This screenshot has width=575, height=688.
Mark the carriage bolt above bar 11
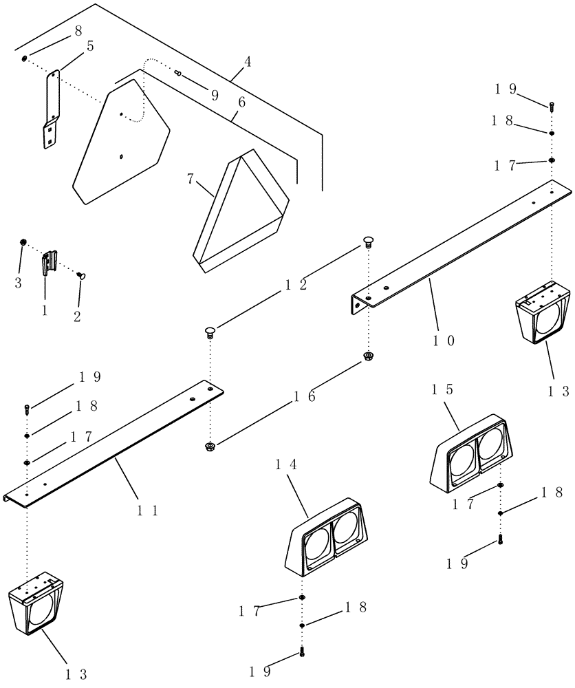(x=210, y=334)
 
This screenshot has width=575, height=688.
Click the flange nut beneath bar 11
(x=210, y=447)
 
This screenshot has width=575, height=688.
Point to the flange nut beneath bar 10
(x=369, y=356)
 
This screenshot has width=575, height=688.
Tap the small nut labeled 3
(x=23, y=242)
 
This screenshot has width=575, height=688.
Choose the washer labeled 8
(x=25, y=58)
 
